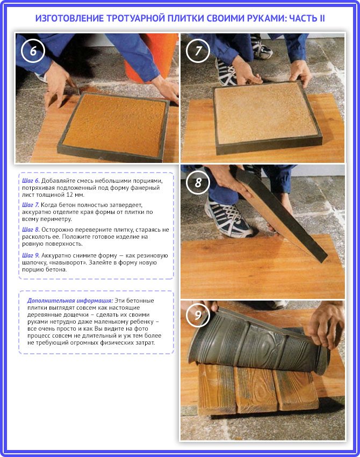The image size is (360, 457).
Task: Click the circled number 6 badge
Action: tap(33, 51)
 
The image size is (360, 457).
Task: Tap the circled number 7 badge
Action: tap(198, 51)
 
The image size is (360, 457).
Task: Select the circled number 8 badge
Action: tap(198, 183)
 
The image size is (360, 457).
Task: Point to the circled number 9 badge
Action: tap(198, 315)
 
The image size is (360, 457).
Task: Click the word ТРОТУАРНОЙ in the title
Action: tap(135, 18)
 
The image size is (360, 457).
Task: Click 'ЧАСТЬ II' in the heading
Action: tap(307, 18)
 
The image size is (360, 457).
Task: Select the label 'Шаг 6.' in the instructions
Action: tap(31, 181)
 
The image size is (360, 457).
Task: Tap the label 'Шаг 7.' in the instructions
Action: tap(31, 205)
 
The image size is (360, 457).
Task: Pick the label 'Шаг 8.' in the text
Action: tap(31, 230)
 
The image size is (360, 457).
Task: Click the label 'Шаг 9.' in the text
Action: tap(31, 255)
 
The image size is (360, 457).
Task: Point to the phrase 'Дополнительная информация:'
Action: tap(70, 301)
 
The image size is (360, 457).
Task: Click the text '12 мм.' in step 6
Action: tap(76, 195)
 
